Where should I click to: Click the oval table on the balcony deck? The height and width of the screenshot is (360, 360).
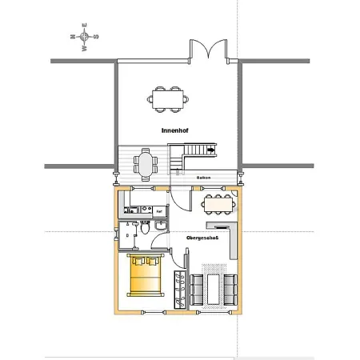click(146, 165)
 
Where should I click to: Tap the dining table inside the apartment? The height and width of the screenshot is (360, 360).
click(218, 205)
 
